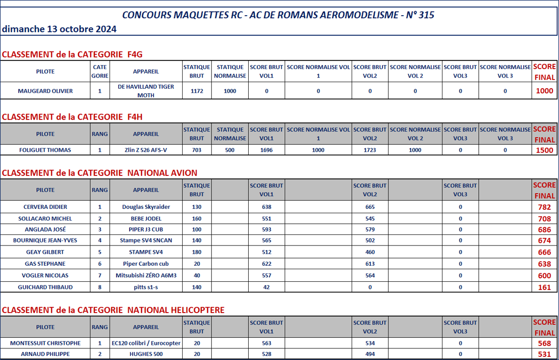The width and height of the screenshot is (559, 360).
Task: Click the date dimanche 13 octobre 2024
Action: (x=60, y=29)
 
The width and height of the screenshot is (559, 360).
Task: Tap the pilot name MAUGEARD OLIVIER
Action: (x=45, y=91)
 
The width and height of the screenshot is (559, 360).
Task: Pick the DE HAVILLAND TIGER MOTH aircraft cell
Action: (x=146, y=91)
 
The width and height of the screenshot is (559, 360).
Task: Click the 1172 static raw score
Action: (x=197, y=91)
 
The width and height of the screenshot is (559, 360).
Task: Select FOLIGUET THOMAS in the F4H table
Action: (x=45, y=150)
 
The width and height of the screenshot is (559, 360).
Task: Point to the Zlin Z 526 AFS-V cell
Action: (x=146, y=150)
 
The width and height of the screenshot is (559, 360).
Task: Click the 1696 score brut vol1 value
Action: (x=266, y=150)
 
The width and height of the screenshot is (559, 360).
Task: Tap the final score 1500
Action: (x=544, y=150)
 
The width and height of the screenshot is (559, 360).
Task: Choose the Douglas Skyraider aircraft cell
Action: (x=146, y=207)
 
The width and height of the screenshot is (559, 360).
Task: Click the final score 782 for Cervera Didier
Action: (x=544, y=207)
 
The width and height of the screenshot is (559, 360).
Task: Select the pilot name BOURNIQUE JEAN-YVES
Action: (x=45, y=241)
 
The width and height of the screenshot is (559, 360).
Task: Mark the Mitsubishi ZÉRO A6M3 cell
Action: (x=146, y=275)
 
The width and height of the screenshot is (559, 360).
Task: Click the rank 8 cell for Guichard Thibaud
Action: (x=100, y=287)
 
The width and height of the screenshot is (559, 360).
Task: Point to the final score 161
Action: (x=544, y=287)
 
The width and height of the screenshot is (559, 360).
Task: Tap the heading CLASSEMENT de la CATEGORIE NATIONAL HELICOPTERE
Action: (x=113, y=310)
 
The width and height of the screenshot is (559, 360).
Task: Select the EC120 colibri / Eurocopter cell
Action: (x=146, y=343)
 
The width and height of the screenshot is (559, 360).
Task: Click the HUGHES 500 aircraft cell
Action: (x=146, y=354)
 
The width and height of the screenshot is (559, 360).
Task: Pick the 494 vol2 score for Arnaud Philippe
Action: (x=370, y=354)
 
